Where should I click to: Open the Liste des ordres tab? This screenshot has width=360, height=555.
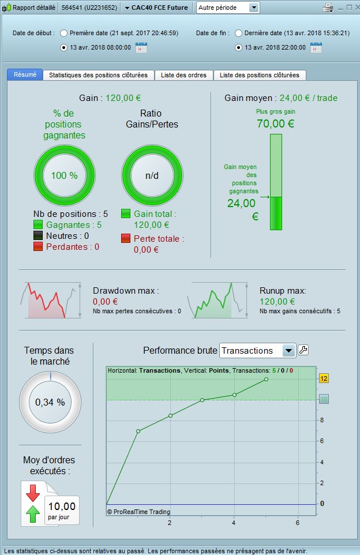click(x=183, y=75)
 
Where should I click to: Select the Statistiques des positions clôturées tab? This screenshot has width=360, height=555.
click(x=98, y=75)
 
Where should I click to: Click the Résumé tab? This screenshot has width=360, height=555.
click(x=25, y=75)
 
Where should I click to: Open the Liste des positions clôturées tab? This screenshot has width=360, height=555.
click(x=259, y=75)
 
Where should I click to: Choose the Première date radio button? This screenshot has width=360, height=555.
click(x=63, y=33)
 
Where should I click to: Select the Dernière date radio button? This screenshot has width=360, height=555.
click(x=238, y=33)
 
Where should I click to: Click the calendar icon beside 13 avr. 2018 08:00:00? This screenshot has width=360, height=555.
click(x=141, y=47)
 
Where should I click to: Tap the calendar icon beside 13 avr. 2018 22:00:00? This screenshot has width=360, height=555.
click(x=316, y=47)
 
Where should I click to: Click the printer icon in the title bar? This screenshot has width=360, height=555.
click(x=327, y=7)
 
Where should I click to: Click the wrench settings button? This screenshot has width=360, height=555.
click(x=303, y=350)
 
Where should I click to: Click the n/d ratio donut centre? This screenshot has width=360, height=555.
click(x=152, y=175)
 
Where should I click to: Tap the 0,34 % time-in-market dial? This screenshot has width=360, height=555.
click(x=50, y=402)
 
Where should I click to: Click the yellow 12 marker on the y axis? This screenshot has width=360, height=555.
click(x=324, y=378)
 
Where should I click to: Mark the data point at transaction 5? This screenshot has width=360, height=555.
click(x=266, y=379)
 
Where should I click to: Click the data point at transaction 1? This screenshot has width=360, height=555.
click(x=138, y=431)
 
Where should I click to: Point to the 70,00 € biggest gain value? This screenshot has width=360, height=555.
click(x=275, y=123)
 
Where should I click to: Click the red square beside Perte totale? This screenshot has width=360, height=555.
click(x=125, y=238)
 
